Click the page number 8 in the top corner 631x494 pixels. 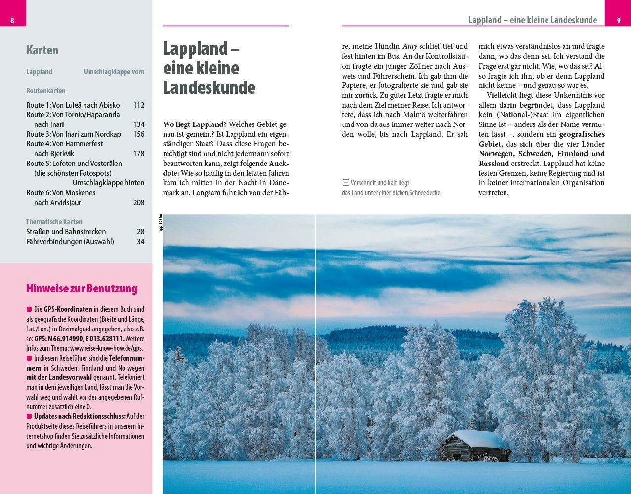point(12,20)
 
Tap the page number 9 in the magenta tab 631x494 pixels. point(618,20)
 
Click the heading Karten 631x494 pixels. point(42,50)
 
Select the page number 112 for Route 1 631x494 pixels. point(139,105)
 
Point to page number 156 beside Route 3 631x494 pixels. point(139,134)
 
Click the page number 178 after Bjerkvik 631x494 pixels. point(139,154)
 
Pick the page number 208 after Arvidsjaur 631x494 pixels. point(139,203)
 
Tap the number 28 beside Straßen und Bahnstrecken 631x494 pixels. point(141,232)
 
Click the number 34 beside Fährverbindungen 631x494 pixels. point(141,242)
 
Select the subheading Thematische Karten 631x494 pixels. point(54,222)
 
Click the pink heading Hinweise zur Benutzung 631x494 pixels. point(82,288)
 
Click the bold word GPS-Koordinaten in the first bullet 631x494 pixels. point(68,309)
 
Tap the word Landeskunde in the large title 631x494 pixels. point(209,87)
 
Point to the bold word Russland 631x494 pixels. point(494,164)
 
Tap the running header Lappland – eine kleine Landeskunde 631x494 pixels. point(533,20)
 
